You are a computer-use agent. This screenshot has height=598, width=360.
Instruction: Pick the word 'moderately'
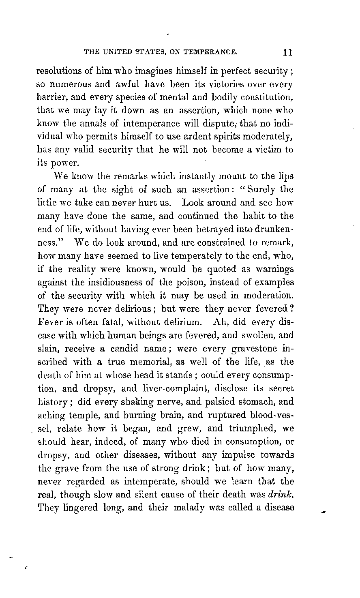coord(265,136)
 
